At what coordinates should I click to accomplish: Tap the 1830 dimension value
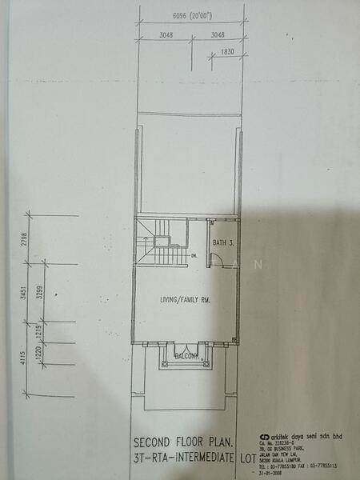click(x=228, y=53)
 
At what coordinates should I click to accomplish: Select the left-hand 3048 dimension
click(x=166, y=35)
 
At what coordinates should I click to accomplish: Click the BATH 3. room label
click(x=224, y=241)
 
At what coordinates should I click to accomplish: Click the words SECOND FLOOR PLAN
click(x=183, y=442)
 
